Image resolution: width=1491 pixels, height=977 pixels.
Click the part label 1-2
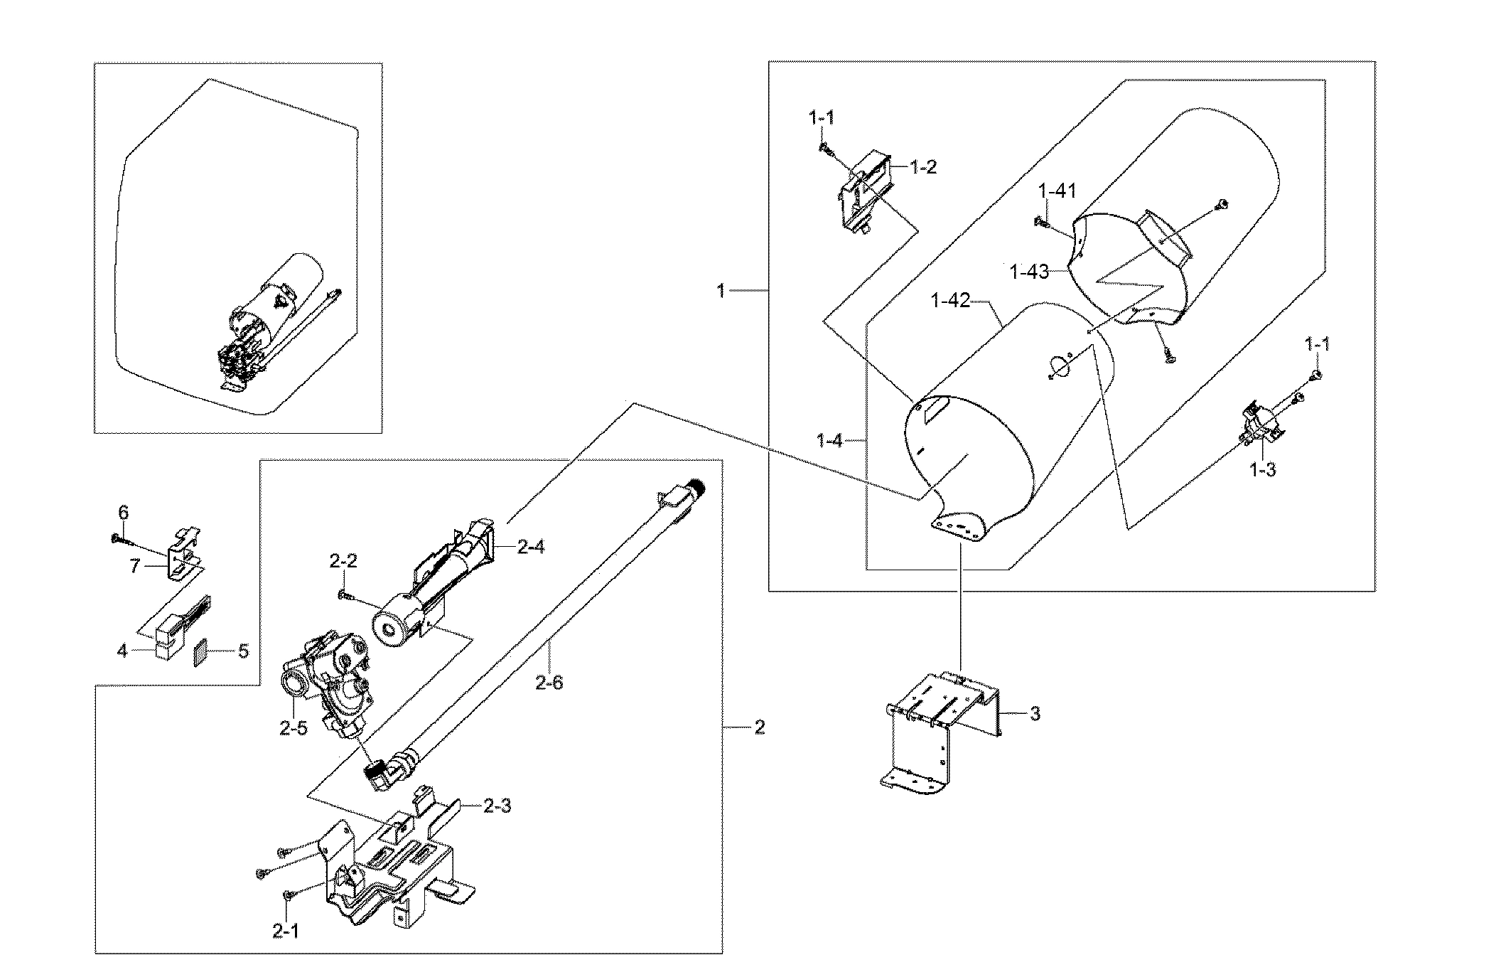(922, 168)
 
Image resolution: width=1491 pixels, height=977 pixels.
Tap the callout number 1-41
(1057, 191)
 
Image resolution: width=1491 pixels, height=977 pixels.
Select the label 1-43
(1028, 272)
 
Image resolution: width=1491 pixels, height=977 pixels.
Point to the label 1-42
(950, 301)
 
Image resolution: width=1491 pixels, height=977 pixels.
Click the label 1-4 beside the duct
(829, 442)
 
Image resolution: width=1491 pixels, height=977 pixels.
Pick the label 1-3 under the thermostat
(1262, 470)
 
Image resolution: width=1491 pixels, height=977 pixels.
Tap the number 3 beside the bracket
(1035, 714)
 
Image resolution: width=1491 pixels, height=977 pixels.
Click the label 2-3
(497, 806)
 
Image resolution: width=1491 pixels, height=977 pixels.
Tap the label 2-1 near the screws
(286, 931)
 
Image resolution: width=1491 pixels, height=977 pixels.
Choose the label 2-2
(343, 562)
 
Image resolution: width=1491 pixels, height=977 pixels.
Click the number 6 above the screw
(123, 513)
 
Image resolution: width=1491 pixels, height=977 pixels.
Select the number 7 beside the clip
(135, 567)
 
